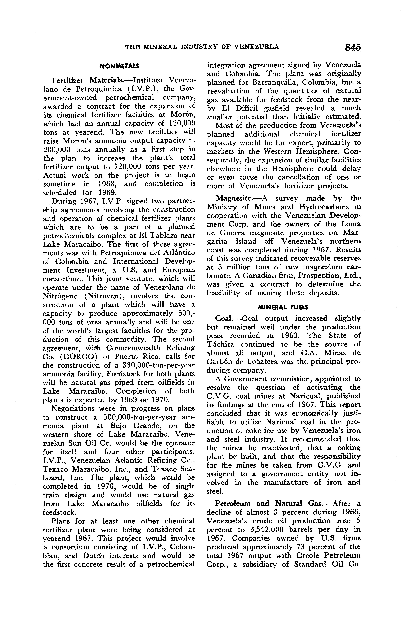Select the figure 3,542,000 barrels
(x=267, y=530)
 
